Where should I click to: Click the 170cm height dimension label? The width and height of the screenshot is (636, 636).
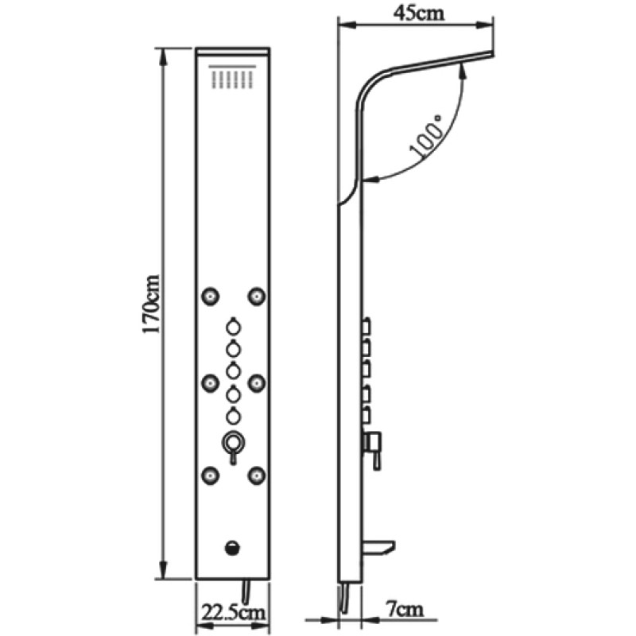coord(151,304)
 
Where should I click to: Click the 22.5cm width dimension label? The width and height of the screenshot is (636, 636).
coord(233,612)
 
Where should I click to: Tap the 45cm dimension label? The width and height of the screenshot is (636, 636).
coord(419,13)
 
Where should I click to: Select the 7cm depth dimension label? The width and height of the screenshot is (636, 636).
coord(403,610)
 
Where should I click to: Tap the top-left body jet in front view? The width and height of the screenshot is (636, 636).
coord(211,297)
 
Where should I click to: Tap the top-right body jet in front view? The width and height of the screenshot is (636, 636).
coord(257,296)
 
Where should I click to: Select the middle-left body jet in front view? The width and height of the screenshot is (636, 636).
coord(211,383)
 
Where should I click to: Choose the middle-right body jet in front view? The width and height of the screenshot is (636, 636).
coord(257,383)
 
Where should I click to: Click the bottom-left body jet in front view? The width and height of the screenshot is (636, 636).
coord(211,475)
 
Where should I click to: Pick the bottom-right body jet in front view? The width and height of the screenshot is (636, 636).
coord(257,475)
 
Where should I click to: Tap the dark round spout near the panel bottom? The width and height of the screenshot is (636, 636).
coord(232,548)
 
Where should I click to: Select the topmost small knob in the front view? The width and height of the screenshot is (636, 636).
coord(233,326)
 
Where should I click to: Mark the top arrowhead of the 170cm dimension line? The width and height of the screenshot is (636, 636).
coord(164,56)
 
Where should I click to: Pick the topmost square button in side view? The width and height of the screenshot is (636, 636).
coord(366,327)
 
